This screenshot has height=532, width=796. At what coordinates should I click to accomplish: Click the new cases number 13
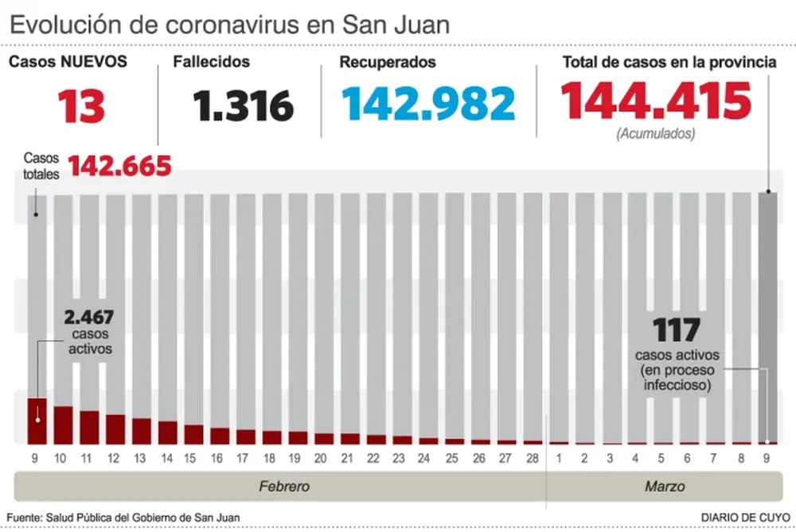81,105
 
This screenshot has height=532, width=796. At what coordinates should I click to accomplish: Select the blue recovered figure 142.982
428,104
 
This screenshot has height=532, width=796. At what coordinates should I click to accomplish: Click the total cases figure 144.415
657,101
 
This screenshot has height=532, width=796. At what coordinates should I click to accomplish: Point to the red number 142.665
120,166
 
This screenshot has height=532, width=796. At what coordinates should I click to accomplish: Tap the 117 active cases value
677,330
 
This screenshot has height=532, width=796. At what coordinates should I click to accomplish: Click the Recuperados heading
386,62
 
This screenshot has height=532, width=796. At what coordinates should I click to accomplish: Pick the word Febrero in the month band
284,486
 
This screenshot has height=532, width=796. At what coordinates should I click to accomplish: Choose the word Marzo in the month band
665,486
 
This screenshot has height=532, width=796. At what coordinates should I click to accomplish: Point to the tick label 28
533,458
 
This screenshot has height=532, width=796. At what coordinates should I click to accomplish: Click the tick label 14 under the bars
167,458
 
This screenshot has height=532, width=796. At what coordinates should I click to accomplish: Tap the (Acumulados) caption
655,133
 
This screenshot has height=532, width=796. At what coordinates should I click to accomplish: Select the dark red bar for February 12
115,428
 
